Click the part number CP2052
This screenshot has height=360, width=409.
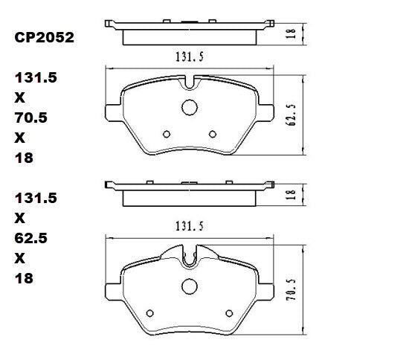click(44, 36)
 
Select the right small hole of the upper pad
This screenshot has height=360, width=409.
click(213, 135)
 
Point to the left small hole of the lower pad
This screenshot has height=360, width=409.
click(150, 312)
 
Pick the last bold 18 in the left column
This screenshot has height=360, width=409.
click(23, 279)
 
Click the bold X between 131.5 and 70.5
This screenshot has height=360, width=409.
click(19, 97)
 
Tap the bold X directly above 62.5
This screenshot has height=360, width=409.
click(19, 219)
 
